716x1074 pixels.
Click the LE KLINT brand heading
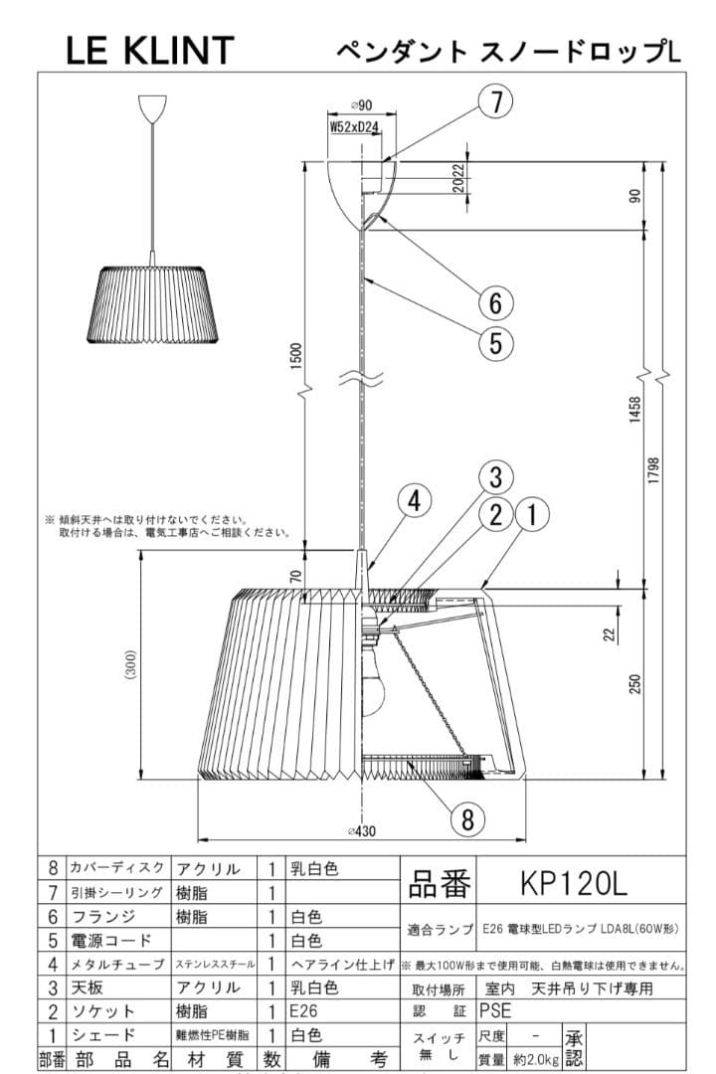tap(150, 50)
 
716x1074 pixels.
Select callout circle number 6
tap(495, 300)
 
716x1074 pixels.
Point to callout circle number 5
tap(495, 343)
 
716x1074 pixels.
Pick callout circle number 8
tap(467, 818)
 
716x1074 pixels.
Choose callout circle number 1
tap(532, 514)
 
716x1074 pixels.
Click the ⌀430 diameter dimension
tap(362, 832)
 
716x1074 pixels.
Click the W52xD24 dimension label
tap(355, 126)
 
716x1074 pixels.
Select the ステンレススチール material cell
tap(215, 963)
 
